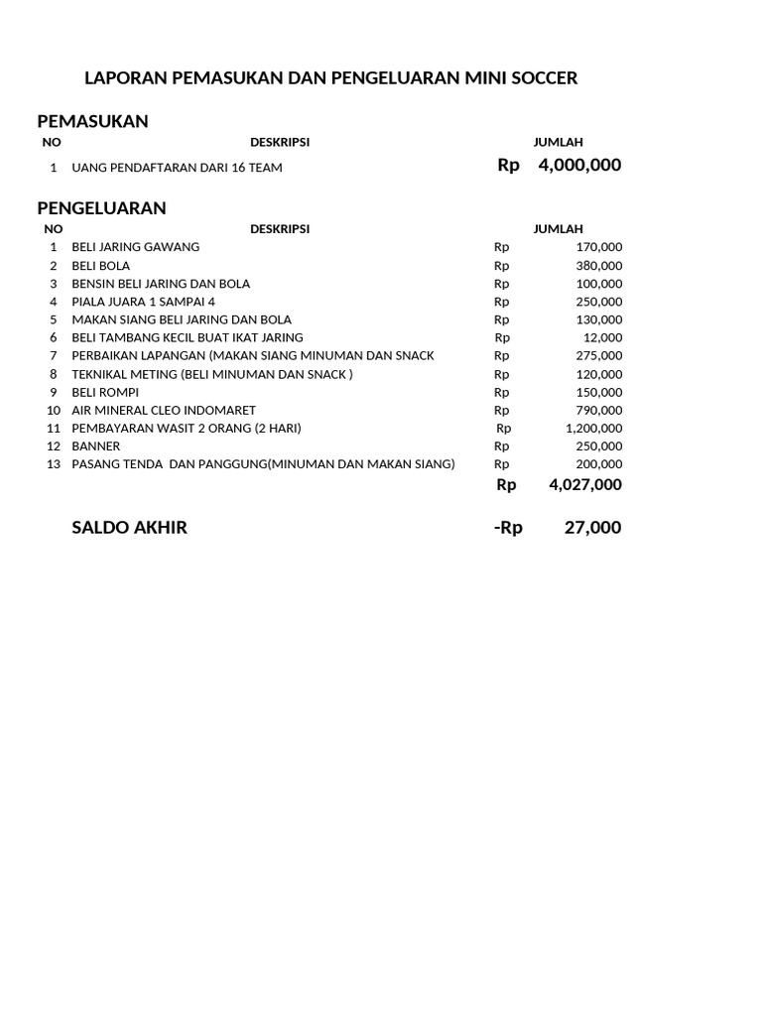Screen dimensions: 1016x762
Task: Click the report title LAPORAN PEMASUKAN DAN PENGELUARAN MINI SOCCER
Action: tap(330, 77)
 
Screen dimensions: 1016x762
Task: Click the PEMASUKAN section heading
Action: tap(92, 121)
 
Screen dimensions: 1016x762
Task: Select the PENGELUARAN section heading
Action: tap(101, 208)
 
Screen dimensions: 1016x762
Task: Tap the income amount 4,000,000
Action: tap(579, 166)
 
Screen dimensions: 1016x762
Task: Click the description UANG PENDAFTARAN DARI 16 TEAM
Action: tap(177, 168)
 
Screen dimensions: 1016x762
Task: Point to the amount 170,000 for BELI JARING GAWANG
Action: tap(598, 247)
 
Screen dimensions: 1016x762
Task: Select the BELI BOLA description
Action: tap(100, 266)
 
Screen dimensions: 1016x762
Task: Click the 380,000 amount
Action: tap(598, 266)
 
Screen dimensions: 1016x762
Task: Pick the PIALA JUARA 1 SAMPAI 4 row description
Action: tap(143, 302)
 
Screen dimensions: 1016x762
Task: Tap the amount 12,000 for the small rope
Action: tap(602, 337)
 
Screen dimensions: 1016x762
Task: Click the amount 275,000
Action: tap(598, 355)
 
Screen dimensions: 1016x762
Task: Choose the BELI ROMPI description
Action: tap(105, 392)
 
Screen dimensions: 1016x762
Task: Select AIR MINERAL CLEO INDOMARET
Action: tap(164, 410)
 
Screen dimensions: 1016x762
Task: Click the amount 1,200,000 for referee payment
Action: tap(593, 429)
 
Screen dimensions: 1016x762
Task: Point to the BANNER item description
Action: tap(95, 446)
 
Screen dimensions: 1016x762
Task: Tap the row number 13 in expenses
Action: tap(54, 464)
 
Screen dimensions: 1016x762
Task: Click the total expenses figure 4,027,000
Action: tap(584, 485)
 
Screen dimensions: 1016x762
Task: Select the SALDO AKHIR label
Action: tap(129, 528)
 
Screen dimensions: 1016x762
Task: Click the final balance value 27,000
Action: tap(592, 528)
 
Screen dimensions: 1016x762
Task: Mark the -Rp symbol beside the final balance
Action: tap(507, 528)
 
